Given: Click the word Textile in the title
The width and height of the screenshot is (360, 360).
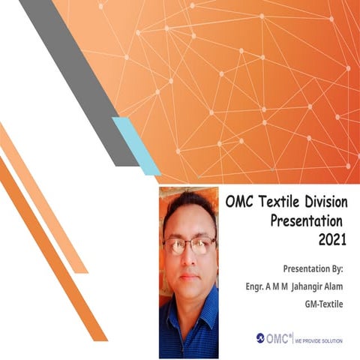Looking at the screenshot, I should tap(281, 202).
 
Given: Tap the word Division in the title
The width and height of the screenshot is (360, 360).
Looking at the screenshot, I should tap(327, 202).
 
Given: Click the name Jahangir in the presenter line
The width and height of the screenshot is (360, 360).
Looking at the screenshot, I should tap(300, 286).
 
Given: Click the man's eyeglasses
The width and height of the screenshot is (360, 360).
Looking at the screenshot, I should tap(190, 245).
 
